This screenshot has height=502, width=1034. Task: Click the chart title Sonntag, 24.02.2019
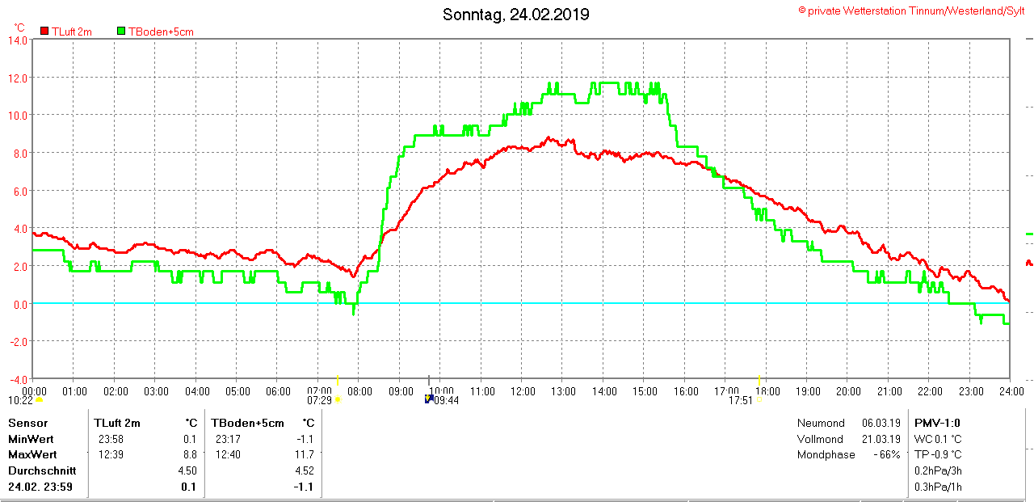516,15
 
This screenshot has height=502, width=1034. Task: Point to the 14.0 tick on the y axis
17,40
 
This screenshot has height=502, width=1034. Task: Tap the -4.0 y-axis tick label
17,379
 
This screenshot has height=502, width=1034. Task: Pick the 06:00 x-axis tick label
278,391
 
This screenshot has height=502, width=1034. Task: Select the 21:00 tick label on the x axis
889,391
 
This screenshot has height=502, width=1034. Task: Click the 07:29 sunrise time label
320,400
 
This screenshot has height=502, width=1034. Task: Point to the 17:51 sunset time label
741,400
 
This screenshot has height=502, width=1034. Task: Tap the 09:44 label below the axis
447,400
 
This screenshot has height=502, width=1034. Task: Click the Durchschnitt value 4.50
187,470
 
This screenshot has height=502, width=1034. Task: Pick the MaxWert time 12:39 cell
111,454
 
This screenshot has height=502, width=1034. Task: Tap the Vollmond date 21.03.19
881,439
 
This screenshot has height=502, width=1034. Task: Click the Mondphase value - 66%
885,454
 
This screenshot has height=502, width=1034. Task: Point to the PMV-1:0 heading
936,423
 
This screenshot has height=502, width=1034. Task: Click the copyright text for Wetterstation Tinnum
911,11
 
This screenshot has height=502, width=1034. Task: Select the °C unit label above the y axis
19,27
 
